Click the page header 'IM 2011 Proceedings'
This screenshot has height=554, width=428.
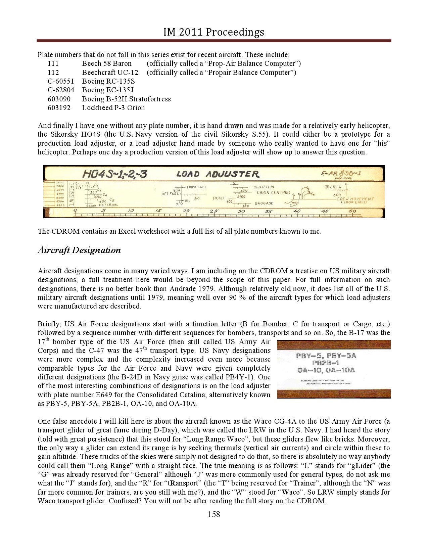[x=214, y=32]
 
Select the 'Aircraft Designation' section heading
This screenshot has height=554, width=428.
[x=79, y=250]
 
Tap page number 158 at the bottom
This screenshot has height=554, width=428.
[x=214, y=514]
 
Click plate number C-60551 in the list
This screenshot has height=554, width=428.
[x=61, y=81]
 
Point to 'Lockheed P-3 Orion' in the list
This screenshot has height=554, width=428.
[x=113, y=108]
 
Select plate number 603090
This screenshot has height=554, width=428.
[x=59, y=99]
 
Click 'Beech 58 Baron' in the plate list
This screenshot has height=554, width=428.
[x=107, y=63]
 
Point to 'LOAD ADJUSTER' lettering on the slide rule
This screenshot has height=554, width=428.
[x=218, y=174]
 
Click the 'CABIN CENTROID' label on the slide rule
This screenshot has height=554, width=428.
[x=274, y=193]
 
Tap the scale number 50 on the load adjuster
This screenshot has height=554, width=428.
[x=352, y=211]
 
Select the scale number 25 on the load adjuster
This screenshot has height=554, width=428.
[x=214, y=211]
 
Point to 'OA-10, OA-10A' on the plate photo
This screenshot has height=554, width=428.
[x=326, y=370]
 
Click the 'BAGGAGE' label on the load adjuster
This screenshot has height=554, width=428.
[x=264, y=203]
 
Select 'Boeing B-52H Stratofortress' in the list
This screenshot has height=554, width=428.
[x=126, y=99]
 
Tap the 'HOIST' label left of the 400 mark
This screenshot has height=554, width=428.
[x=219, y=198]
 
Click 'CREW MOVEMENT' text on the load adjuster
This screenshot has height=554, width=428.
[x=355, y=199]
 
